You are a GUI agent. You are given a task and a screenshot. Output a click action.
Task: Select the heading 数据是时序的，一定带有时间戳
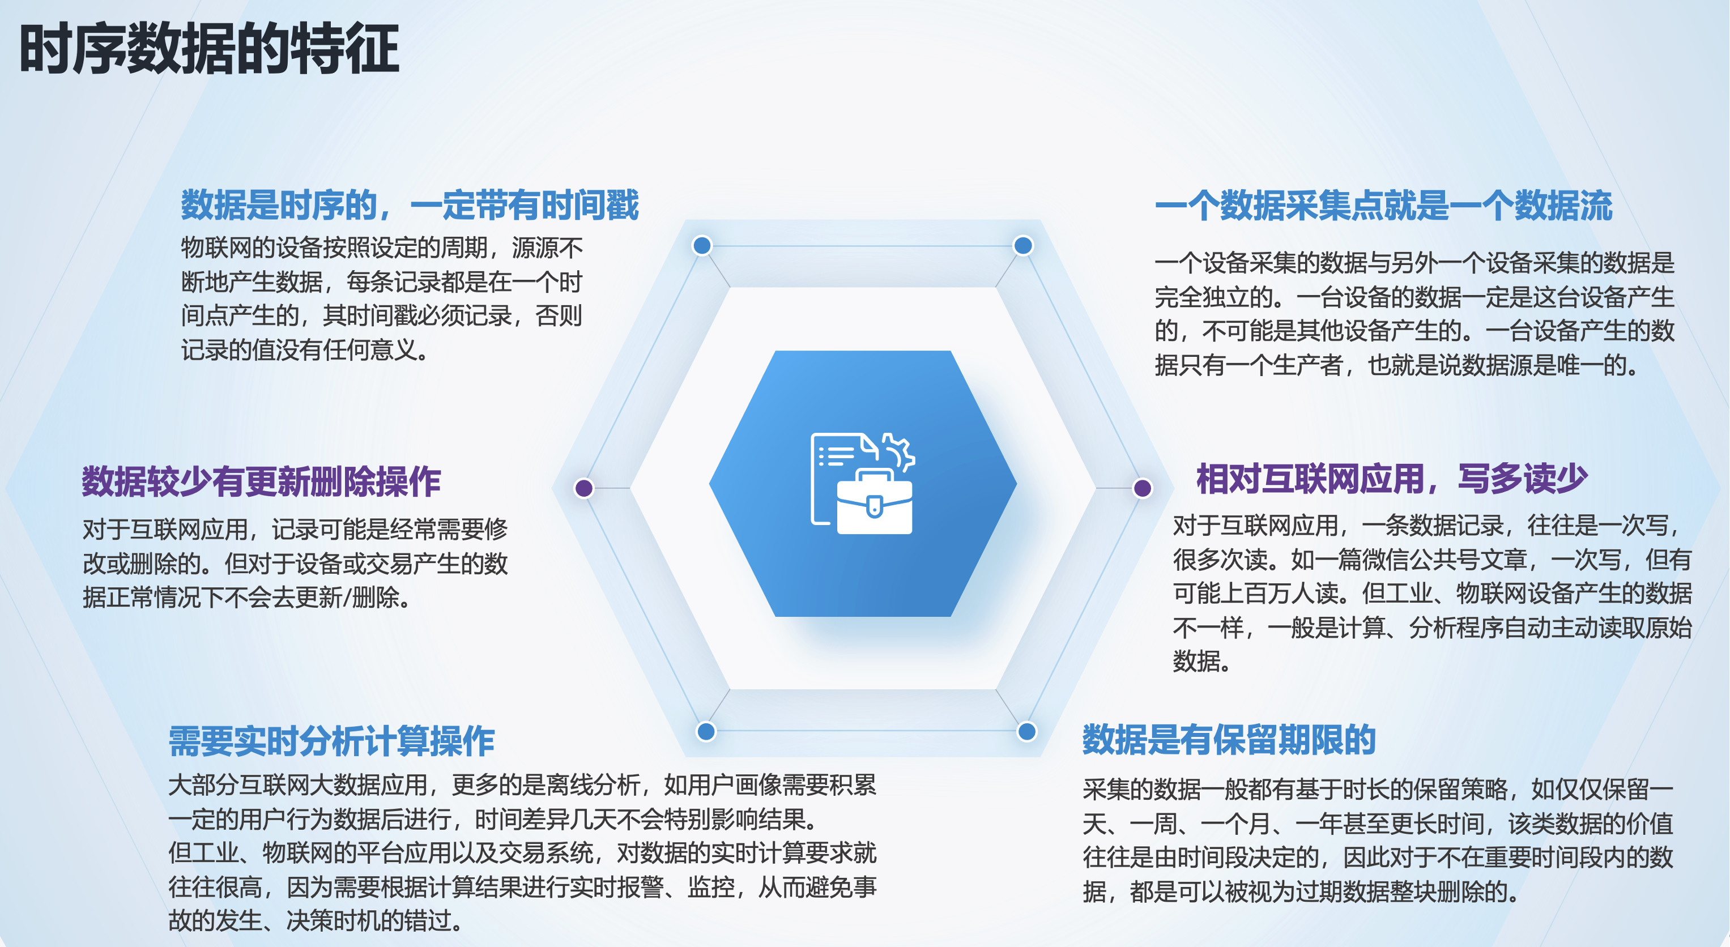(x=410, y=205)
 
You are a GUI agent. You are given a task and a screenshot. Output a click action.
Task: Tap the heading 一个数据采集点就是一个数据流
(x=1383, y=206)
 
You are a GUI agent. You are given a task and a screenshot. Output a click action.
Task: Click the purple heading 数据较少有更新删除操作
(x=261, y=481)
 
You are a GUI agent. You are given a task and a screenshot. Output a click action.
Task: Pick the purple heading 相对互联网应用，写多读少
(x=1391, y=479)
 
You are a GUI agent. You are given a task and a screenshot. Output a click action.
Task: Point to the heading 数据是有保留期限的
(x=1229, y=740)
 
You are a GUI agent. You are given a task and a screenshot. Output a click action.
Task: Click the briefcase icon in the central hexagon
(x=875, y=502)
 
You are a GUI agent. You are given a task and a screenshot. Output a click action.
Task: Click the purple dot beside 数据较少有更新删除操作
(x=584, y=488)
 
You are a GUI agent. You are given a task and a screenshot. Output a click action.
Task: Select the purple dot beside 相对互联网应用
(x=1143, y=488)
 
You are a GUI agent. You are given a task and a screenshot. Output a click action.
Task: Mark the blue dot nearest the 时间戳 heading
(x=702, y=245)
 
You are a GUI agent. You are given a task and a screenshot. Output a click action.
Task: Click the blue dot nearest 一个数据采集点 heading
(x=1023, y=245)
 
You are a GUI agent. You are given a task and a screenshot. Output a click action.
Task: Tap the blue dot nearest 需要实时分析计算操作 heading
(x=706, y=731)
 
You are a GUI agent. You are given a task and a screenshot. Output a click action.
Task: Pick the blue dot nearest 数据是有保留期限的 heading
(x=1026, y=731)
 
